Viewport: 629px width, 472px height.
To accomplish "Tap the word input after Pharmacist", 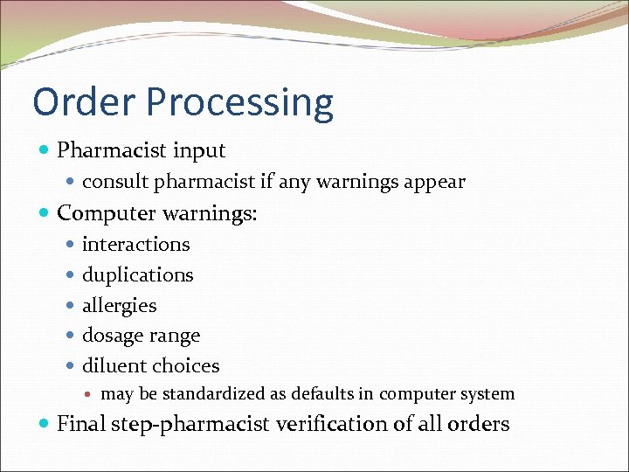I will coord(196,151).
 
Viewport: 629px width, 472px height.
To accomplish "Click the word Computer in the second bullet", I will coord(104,213).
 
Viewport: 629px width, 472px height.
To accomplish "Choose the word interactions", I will coord(135,244).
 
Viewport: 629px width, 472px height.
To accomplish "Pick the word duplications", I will coord(137,275).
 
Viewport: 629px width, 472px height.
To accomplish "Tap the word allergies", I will coord(119,306).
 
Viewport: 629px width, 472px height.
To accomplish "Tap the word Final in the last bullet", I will coord(81,424).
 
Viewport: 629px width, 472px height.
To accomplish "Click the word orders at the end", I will coord(479,424).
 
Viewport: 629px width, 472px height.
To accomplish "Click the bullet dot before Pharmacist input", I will coord(45,151).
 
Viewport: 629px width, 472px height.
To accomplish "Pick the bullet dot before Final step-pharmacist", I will coord(45,425).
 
